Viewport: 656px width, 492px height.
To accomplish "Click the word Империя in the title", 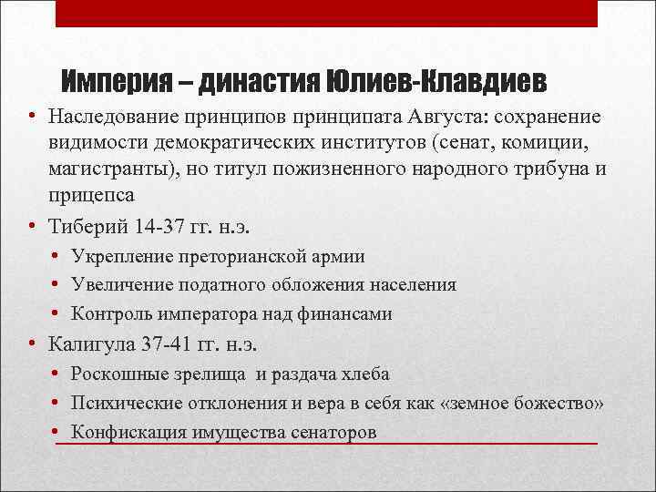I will pyautogui.click(x=117, y=83).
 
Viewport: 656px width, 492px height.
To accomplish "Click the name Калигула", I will pyautogui.click(x=96, y=344).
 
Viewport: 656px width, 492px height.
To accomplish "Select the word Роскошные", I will pyautogui.click(x=115, y=374).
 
